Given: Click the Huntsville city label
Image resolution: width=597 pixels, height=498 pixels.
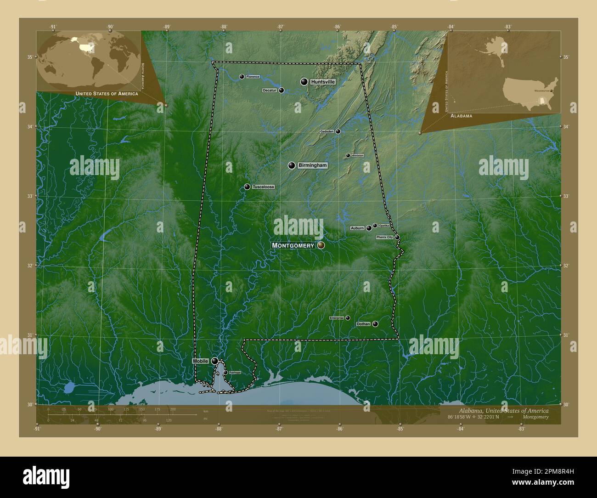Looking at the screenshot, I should coord(323,82).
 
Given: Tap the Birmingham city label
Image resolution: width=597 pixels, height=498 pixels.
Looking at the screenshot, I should coord(312,165).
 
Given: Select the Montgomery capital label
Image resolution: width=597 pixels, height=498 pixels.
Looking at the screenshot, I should coord(293,245).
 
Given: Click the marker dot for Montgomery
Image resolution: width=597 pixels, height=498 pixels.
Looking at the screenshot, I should coord(321,245).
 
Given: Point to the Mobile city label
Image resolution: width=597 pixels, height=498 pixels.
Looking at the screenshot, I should coord(201,361).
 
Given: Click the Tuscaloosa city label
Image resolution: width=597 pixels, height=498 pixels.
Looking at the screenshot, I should coord(263,187).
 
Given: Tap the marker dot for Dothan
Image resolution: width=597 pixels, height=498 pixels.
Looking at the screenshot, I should coord(375,324).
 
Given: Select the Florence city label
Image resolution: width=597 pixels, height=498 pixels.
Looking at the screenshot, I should coord(253,77).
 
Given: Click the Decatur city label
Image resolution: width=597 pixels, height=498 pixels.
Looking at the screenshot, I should coord(270,91).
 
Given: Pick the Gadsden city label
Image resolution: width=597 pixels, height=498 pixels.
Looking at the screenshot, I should coord(327,131).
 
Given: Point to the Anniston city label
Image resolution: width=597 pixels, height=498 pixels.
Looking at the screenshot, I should coord(358,155).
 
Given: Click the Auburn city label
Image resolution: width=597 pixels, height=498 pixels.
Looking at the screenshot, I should coord(357,228).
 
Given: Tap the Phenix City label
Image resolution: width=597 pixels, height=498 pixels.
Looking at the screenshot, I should coord(384,237).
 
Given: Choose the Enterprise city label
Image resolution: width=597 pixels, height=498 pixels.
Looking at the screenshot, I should coord(337,318).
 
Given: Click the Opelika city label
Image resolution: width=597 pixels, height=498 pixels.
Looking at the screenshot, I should coord(384,226).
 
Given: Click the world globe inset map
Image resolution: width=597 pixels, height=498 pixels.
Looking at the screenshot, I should coord(89,60).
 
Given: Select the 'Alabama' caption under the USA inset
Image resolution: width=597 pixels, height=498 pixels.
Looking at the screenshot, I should coord(461,116).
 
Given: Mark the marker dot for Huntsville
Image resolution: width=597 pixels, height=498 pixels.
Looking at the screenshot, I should coord(304,82).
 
